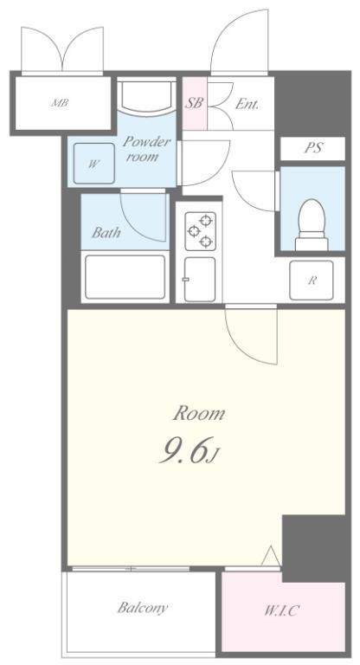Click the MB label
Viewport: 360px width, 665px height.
click(x=60, y=103)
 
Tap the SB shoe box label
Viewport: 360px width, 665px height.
click(x=194, y=103)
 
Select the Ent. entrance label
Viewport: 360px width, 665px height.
click(x=247, y=103)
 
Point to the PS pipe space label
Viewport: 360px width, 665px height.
click(x=312, y=148)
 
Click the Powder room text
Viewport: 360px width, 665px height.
click(x=145, y=148)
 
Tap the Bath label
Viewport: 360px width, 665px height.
click(x=106, y=232)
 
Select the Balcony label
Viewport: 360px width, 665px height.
click(x=142, y=607)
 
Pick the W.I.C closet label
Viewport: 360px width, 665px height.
click(x=281, y=610)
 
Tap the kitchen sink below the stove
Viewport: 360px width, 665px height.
click(x=199, y=279)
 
